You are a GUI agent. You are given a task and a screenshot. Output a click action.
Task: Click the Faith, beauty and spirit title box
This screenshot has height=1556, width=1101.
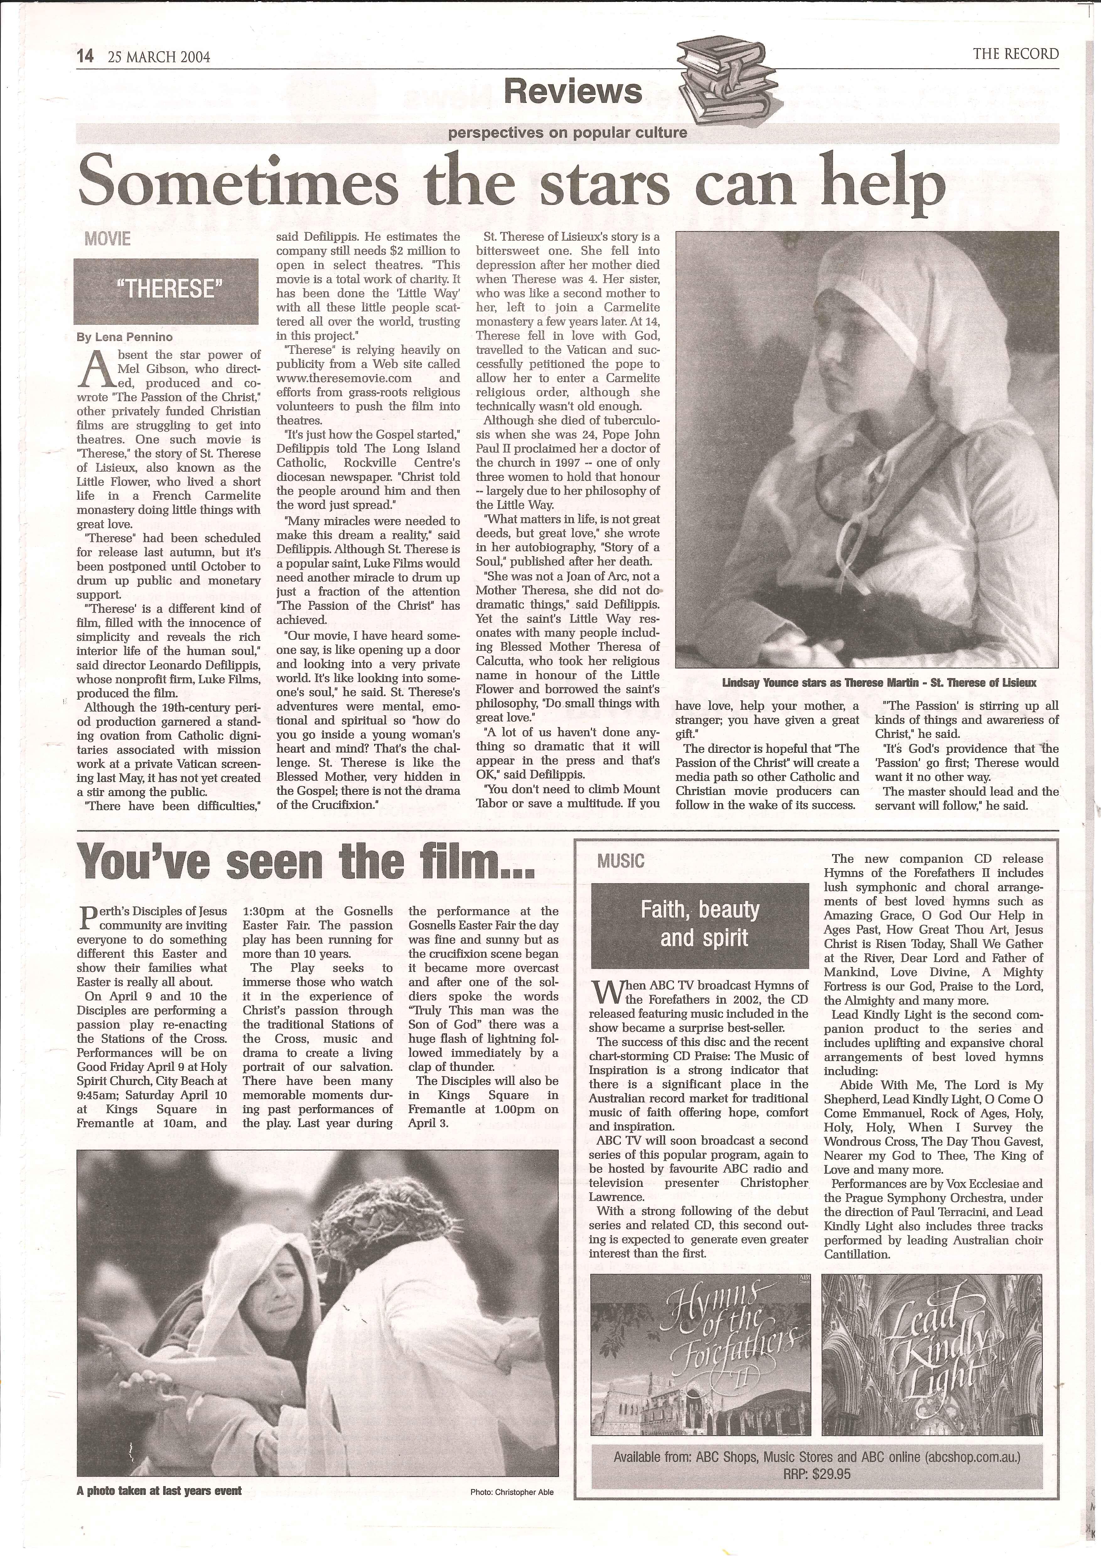(x=700, y=925)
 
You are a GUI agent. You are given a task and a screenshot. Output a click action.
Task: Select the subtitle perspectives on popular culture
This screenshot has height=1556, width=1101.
(x=567, y=133)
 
